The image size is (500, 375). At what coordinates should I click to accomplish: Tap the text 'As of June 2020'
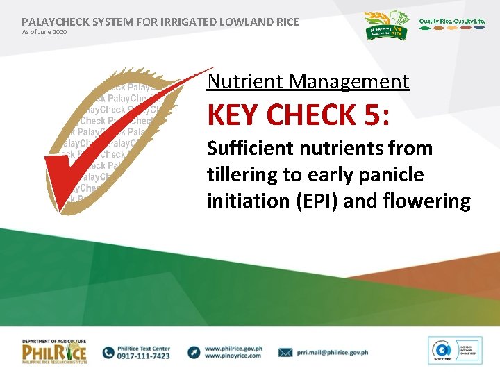click(x=45, y=32)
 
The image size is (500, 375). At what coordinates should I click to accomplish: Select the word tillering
click(x=236, y=175)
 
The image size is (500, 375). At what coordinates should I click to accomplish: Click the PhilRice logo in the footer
click(x=55, y=352)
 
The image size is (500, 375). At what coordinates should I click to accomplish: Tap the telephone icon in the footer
click(x=109, y=352)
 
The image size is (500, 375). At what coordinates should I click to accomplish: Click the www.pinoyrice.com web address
click(x=233, y=356)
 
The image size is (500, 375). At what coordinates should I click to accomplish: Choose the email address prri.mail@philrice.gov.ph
click(x=332, y=352)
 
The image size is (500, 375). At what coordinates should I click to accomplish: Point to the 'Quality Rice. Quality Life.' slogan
click(x=452, y=22)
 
